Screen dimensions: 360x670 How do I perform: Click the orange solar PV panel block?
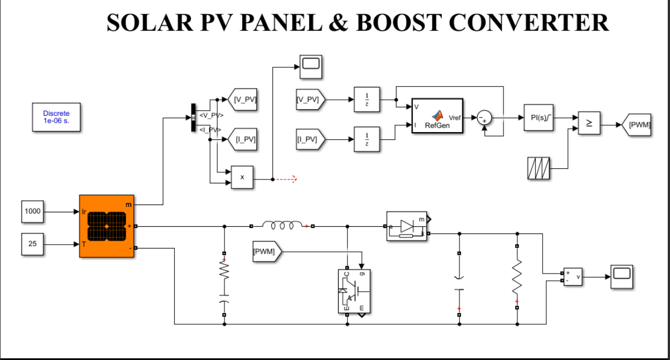[x=107, y=226]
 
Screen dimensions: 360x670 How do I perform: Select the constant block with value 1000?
[x=33, y=212]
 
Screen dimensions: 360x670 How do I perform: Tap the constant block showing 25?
[x=33, y=244]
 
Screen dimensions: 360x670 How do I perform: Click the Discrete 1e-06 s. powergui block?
[x=56, y=116]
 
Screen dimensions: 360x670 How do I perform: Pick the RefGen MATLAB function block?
[x=437, y=116]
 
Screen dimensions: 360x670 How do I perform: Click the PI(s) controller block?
[x=538, y=118]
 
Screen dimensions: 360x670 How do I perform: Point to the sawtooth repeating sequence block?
[x=539, y=168]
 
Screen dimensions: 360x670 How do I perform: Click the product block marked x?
[x=242, y=177]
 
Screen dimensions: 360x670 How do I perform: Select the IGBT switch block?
[x=354, y=291]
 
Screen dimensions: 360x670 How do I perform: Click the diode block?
[x=407, y=226]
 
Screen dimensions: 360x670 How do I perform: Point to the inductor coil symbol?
[x=282, y=226]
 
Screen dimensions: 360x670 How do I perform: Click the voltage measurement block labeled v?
[x=573, y=276]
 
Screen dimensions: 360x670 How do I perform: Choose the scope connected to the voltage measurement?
[x=622, y=276]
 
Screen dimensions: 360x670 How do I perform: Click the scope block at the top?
[x=311, y=67]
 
